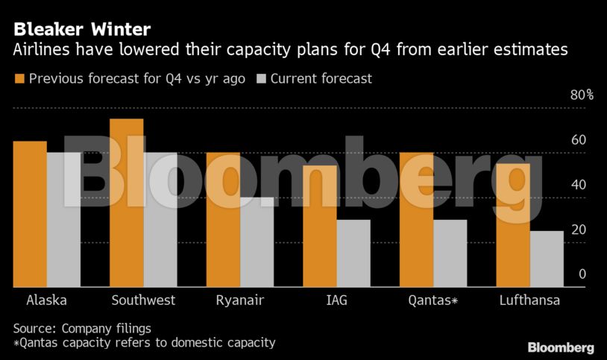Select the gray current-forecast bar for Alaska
pos(63,220)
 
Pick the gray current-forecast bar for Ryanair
pos(257,242)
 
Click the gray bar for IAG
pos(353,253)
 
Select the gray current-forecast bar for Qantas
pos(450,253)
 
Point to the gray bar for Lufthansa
pos(547,259)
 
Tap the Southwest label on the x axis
pos(143,300)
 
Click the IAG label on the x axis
pos(337,300)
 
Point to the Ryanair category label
pos(240,300)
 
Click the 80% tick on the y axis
pos(582,95)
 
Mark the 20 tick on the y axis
pos(579,230)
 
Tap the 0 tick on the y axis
pos(582,274)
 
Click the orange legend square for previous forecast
pos(19,78)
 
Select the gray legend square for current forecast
pos(261,78)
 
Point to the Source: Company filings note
pos(82,328)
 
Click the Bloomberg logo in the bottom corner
pos(560,347)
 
